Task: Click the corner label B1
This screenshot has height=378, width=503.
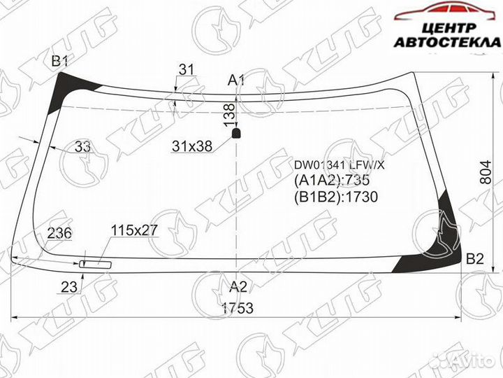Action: pyautogui.click(x=60, y=62)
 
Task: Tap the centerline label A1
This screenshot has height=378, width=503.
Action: pyautogui.click(x=236, y=80)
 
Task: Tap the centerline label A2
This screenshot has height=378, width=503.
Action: pyautogui.click(x=238, y=286)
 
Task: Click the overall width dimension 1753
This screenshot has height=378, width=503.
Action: pyautogui.click(x=238, y=309)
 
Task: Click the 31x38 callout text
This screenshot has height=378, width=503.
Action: pyautogui.click(x=191, y=147)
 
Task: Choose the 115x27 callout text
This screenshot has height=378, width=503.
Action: pyautogui.click(x=134, y=230)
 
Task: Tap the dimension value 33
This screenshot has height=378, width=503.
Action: pyautogui.click(x=82, y=147)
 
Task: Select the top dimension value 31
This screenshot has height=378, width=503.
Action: pyautogui.click(x=186, y=69)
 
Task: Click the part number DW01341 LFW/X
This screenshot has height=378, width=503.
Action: pyautogui.click(x=339, y=165)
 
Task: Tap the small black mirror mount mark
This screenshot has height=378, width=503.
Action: pyautogui.click(x=236, y=131)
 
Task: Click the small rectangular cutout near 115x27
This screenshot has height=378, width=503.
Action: pyautogui.click(x=96, y=264)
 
